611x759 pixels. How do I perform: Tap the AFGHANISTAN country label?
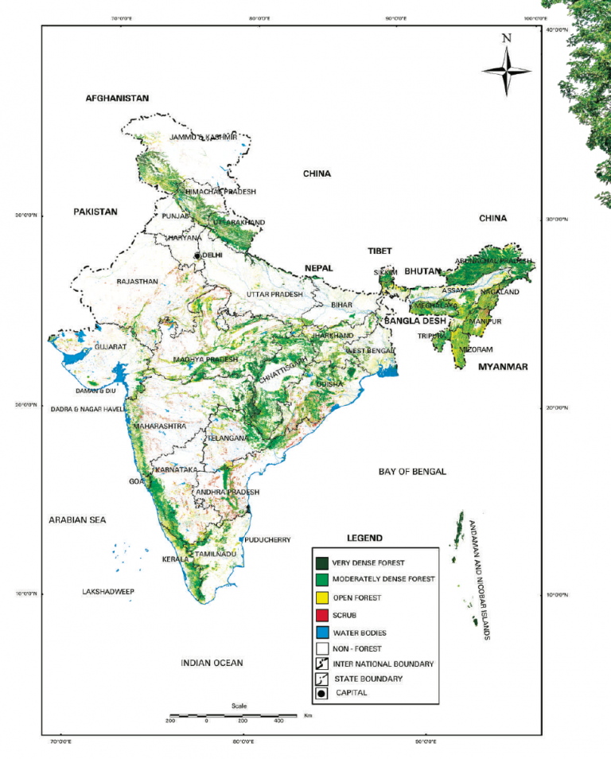(117, 98)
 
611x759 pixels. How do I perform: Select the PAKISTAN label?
(95, 212)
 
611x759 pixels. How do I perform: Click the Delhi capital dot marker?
(198, 255)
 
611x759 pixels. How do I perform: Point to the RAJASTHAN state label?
(138, 282)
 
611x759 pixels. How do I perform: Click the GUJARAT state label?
(111, 348)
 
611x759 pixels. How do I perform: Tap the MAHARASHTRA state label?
(159, 426)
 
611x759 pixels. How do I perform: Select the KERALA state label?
(176, 559)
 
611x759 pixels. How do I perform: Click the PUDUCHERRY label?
(268, 539)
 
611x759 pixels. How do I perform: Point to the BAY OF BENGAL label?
(412, 472)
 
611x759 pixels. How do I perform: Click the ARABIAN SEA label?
(77, 520)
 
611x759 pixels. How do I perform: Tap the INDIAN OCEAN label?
(212, 663)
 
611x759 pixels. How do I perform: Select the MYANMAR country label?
(504, 367)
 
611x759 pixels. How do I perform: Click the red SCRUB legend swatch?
(321, 615)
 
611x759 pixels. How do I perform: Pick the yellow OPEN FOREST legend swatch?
(321, 597)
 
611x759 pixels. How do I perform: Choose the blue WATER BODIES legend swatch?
(321, 632)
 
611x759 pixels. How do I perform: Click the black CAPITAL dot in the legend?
(321, 693)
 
